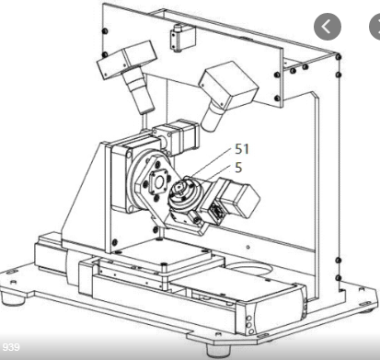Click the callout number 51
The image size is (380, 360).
242,149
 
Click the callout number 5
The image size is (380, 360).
238,168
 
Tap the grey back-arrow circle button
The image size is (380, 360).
328,27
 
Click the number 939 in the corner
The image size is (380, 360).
11,347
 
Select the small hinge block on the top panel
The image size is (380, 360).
182,38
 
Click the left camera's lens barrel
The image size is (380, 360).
138,90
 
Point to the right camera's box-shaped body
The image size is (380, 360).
229,84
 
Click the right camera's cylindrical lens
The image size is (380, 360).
213,117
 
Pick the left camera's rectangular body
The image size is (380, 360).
126,60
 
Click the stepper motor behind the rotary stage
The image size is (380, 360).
177,136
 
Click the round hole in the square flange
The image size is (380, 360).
159,183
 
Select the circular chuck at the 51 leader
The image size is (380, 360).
183,195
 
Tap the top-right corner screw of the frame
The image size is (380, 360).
339,57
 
